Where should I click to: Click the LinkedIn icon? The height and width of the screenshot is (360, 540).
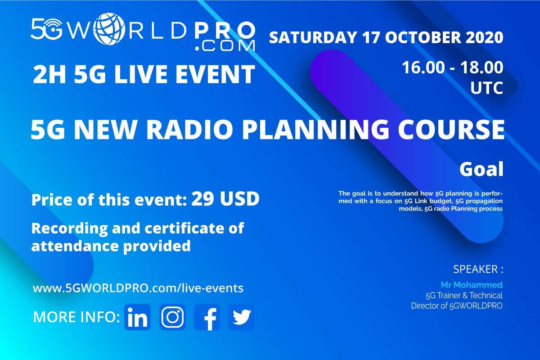pos(137,317)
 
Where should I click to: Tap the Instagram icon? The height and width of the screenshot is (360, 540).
pos(172,317)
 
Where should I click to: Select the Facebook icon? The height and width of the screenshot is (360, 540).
pos(207,317)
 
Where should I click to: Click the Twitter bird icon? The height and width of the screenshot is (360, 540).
pos(241,317)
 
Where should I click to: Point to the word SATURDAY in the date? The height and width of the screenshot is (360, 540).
pos(313,37)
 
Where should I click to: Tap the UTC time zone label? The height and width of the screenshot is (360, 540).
pos(487,88)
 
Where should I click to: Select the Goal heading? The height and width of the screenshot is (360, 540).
pos(481,169)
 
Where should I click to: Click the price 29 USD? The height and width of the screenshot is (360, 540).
pos(225,199)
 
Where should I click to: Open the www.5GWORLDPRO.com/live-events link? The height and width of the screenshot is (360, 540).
pos(138,288)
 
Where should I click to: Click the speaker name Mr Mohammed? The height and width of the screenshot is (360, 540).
pos(472,285)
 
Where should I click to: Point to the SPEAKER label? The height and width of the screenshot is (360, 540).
pos(478,270)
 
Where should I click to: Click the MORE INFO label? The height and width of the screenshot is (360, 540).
pos(76,317)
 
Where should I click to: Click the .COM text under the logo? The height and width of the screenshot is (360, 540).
pos(225,45)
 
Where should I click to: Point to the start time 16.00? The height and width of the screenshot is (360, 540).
pos(423,67)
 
